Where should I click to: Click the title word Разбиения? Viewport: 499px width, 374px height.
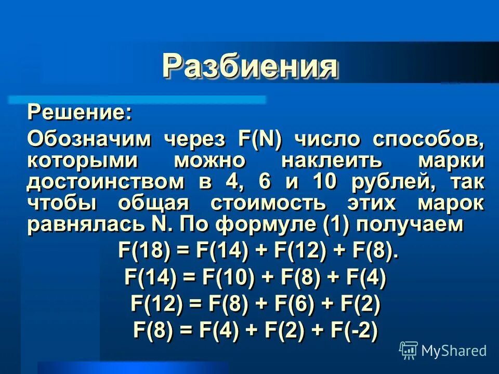point(250,66)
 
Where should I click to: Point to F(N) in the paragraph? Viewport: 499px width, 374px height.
point(259,139)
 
